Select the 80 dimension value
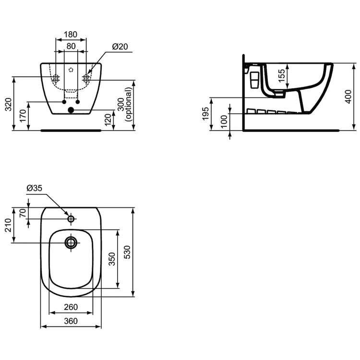[x=71, y=47]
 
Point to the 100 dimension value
[x=224, y=121]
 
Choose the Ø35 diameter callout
[x=35, y=188]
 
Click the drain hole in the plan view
[x=71, y=242]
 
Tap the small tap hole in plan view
[x=71, y=219]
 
